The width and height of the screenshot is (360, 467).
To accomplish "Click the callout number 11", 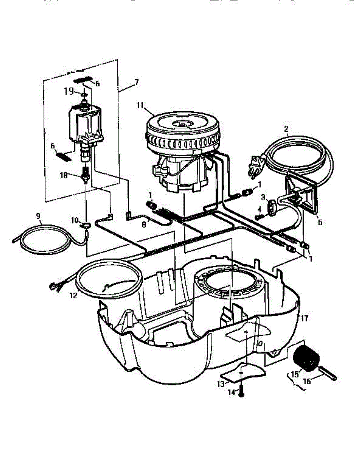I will pyautogui.click(x=140, y=105).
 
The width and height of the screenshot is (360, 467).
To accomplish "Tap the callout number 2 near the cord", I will pyautogui.click(x=286, y=129).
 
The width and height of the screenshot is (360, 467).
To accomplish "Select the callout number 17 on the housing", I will pyautogui.click(x=304, y=318).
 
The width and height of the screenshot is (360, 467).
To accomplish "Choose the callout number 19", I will pyautogui.click(x=69, y=91).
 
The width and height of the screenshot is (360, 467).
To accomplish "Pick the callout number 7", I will pyautogui.click(x=136, y=83).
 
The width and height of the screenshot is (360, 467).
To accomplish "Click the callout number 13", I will pyautogui.click(x=221, y=384).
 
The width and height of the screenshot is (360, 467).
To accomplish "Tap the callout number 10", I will pyautogui.click(x=73, y=221).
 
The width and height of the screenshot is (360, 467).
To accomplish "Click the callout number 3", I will pyautogui.click(x=263, y=198).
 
